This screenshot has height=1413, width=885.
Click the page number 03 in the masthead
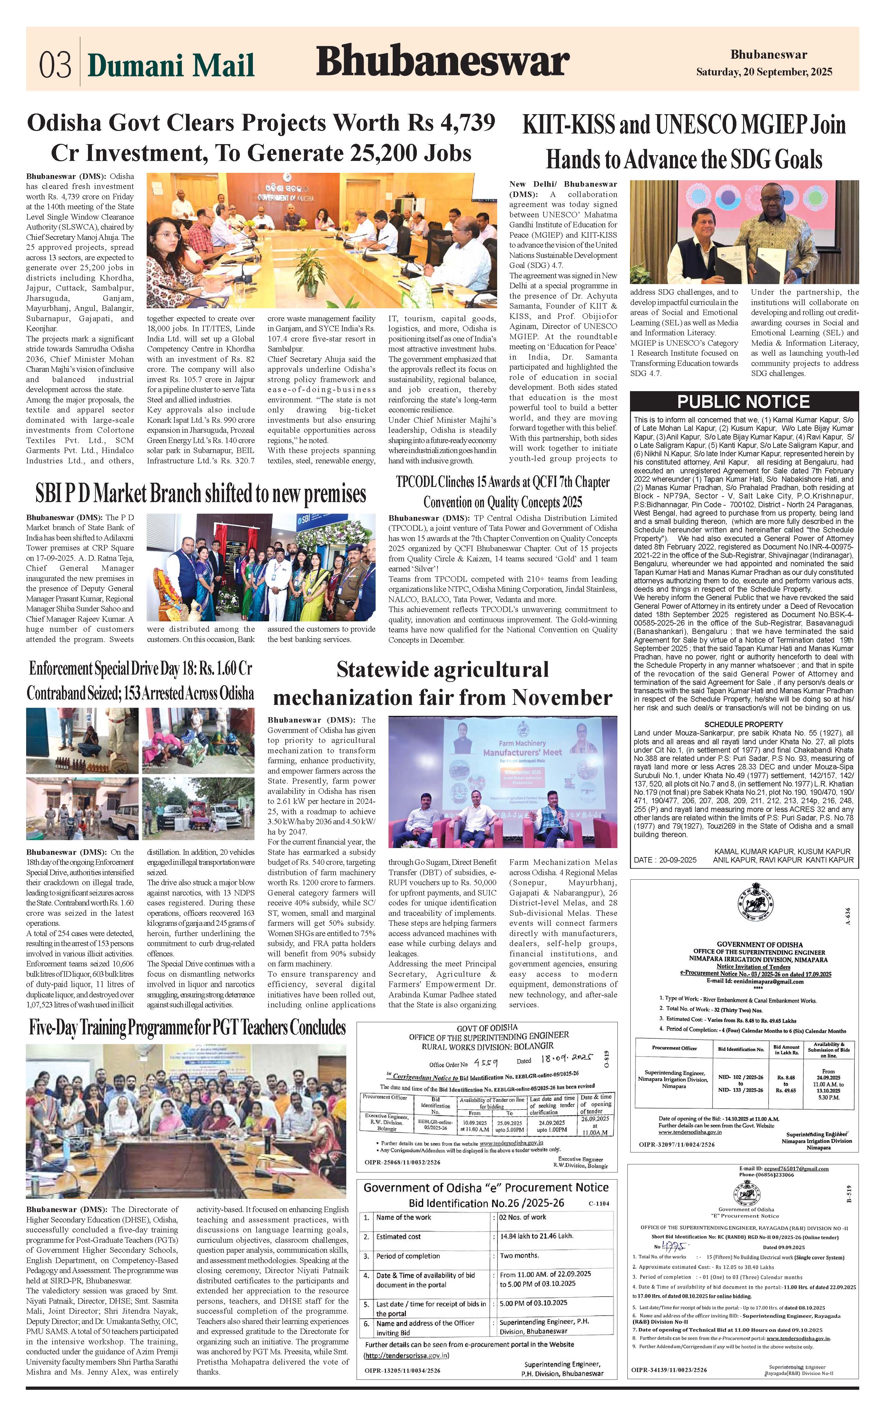(55, 64)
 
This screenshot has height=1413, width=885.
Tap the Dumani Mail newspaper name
(171, 65)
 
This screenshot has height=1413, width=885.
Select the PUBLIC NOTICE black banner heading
(743, 401)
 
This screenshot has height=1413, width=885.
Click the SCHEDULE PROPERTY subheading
(743, 724)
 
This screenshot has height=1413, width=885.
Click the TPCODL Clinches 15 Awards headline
(502, 492)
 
